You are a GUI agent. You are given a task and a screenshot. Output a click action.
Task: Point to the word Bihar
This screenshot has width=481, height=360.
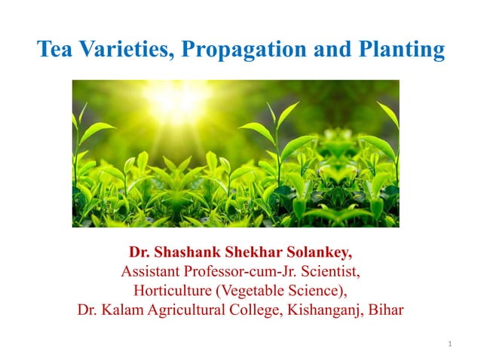click(386, 309)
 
